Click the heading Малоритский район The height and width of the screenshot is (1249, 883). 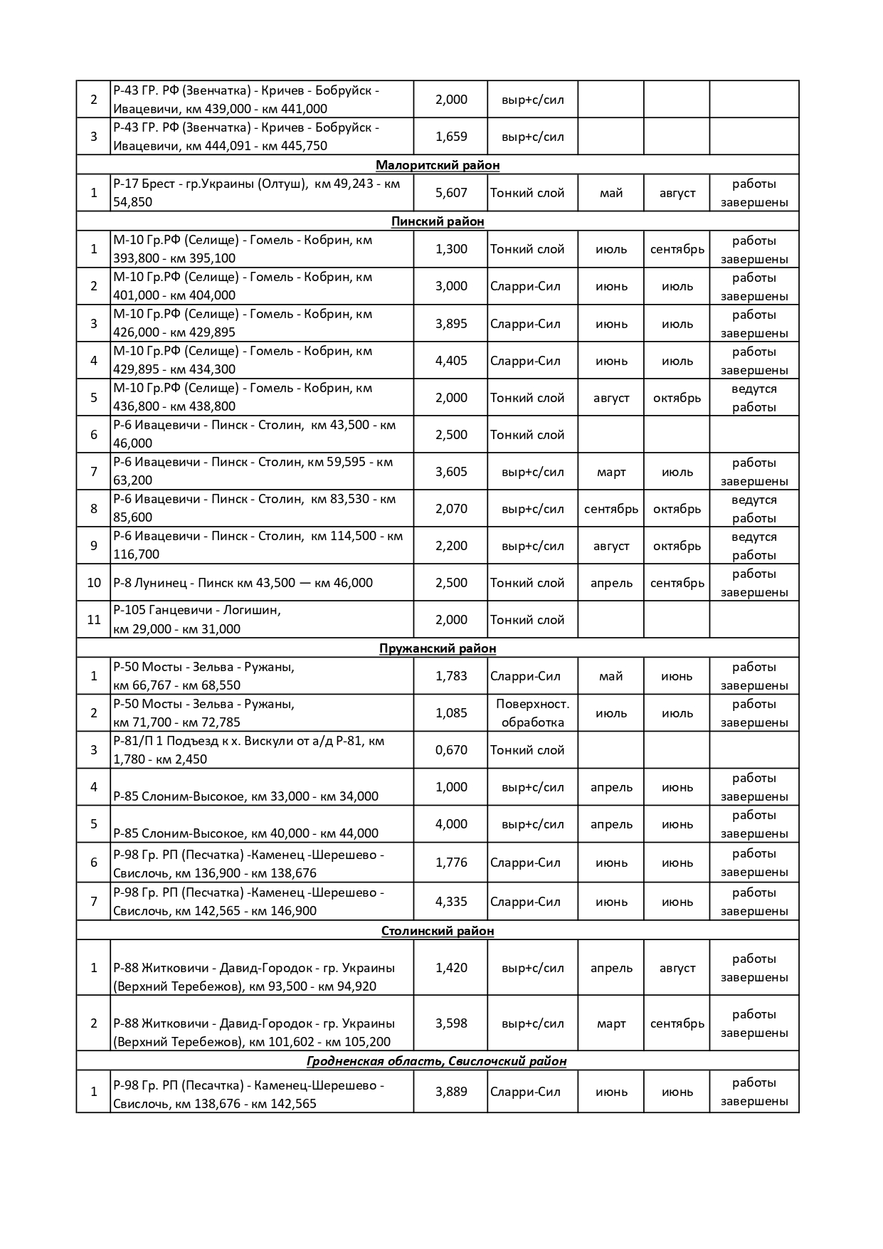[x=438, y=165]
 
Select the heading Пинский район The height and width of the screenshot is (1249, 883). [x=438, y=221]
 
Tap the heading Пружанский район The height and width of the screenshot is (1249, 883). [x=438, y=648]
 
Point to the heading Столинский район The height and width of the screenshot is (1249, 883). [x=438, y=931]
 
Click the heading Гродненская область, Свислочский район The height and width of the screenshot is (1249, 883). [x=437, y=1061]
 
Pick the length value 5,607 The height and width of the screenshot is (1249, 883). [x=451, y=193]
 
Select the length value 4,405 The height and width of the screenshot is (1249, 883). [x=451, y=361]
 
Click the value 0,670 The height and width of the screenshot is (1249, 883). [x=451, y=750]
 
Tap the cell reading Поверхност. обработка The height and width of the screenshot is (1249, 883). [x=532, y=713]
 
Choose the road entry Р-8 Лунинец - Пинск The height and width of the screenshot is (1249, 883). [x=243, y=583]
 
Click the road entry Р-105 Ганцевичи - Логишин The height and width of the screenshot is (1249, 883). [x=197, y=620]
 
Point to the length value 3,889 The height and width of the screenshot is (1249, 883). [x=451, y=1092]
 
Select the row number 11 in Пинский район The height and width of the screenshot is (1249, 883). [x=94, y=620]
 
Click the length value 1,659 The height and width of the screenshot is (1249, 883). [x=451, y=137]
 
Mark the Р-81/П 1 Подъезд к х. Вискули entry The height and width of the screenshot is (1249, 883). [x=248, y=750]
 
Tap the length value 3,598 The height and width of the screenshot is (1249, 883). [x=451, y=1023]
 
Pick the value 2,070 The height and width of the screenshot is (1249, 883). [x=451, y=509]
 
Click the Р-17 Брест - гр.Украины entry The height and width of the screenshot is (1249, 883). [x=256, y=193]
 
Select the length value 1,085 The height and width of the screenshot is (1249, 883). [x=451, y=713]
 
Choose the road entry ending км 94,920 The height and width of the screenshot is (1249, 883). [x=253, y=977]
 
